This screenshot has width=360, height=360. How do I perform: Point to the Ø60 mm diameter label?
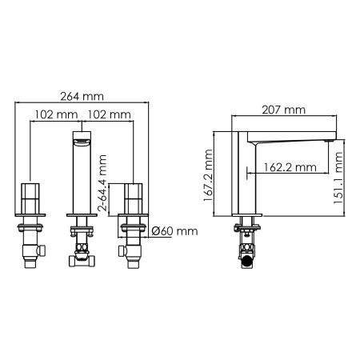174,232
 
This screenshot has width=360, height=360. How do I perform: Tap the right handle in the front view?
133,198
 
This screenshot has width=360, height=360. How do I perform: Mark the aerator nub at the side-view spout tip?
328,142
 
